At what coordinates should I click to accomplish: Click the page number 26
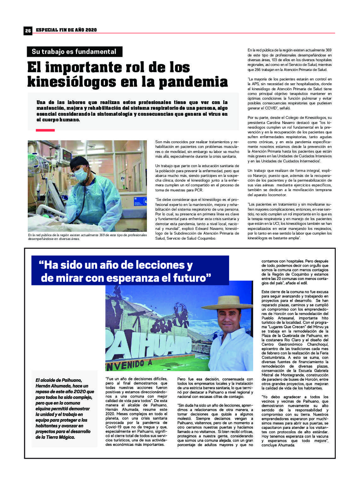[28, 30]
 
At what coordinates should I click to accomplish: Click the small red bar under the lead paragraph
[45, 130]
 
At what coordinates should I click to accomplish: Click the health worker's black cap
[78, 162]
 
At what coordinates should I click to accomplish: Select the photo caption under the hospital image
[87, 237]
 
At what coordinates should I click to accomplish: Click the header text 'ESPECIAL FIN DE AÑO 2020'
[66, 30]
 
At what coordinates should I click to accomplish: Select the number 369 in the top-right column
[328, 50]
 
